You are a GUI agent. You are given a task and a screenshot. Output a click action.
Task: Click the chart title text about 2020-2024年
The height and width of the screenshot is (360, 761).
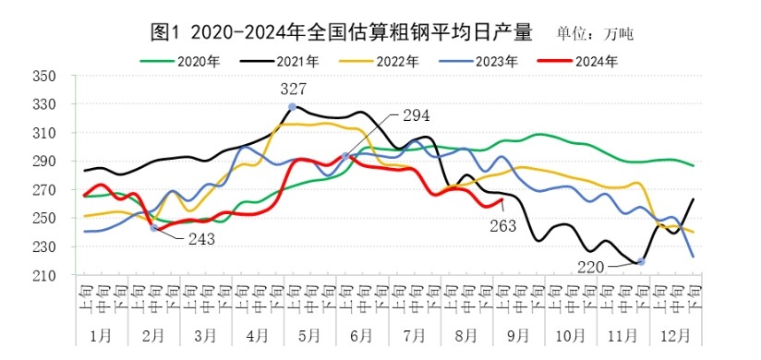tap(341, 32)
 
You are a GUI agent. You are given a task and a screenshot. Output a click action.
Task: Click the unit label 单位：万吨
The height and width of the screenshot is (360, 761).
tap(596, 34)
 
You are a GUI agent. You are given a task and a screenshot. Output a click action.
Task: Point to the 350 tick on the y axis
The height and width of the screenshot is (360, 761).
tap(43, 77)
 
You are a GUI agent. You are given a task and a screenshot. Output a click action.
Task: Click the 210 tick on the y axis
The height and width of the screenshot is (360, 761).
tap(43, 276)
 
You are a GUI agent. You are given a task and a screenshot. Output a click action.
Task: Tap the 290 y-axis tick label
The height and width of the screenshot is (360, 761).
tap(43, 162)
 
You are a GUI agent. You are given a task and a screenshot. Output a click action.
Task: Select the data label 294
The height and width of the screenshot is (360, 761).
tap(416, 115)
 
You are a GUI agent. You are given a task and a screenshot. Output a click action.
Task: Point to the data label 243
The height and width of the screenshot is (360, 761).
tap(201, 239)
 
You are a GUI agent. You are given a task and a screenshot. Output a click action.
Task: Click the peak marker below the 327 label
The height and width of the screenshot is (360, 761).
tap(293, 107)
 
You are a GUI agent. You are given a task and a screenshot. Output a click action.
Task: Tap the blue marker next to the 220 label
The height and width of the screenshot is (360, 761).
tap(641, 262)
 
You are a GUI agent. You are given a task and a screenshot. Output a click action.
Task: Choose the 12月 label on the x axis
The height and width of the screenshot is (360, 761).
tap(677, 333)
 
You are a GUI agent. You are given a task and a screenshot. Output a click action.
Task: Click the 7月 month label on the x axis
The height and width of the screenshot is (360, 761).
tap(414, 333)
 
